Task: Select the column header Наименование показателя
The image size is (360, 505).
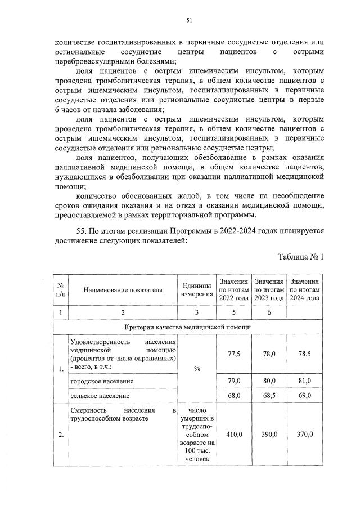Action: pyautogui.click(x=123, y=290)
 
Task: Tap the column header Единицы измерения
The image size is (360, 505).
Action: pyautogui.click(x=197, y=290)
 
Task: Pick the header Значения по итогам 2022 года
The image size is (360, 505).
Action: pyautogui.click(x=233, y=290)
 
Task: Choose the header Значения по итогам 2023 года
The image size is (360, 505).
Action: pyautogui.click(x=268, y=290)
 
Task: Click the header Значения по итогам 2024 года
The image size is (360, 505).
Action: pyautogui.click(x=304, y=290)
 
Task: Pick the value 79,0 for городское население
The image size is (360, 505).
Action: pyautogui.click(x=233, y=381)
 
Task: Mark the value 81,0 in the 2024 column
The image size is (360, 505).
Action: pyautogui.click(x=304, y=381)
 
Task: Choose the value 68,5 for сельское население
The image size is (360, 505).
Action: pyautogui.click(x=268, y=396)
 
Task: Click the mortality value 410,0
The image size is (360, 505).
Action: pyautogui.click(x=233, y=435)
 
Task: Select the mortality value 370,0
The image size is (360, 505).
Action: pyautogui.click(x=304, y=435)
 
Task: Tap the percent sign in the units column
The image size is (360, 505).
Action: pyautogui.click(x=197, y=368)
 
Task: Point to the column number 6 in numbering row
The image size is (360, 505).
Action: pyautogui.click(x=268, y=312)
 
